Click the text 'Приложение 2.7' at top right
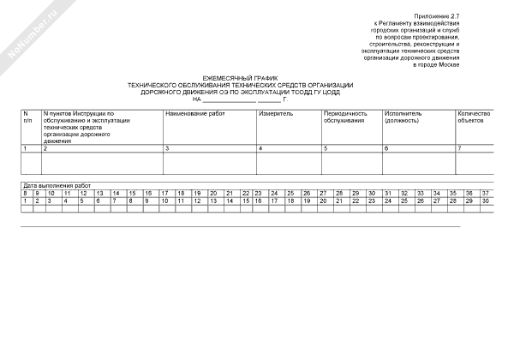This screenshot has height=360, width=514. coord(438,16)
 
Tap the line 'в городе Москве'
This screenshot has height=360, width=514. coord(437,65)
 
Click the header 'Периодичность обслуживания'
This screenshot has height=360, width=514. coord(345,117)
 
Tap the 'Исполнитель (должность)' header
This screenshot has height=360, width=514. coord(408,117)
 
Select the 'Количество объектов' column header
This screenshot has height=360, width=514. coord(473,117)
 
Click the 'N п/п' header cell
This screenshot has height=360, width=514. coord(27,117)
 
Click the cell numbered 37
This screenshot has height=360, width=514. coord(485,193)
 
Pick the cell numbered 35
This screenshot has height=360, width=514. coord(452,193)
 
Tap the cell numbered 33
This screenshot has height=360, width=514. coord(420,193)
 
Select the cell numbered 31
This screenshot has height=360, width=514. coord(388,193)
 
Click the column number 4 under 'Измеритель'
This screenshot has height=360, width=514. coord(260,149)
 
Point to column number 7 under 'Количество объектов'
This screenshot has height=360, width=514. coord(459,149)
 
